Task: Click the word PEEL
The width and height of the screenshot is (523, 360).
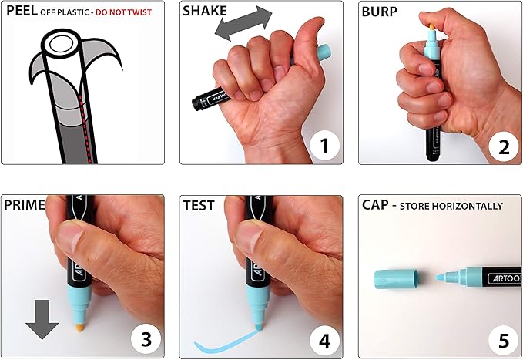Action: point(22,11)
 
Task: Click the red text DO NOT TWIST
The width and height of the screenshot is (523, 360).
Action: point(124,12)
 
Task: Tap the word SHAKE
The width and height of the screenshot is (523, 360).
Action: point(205,11)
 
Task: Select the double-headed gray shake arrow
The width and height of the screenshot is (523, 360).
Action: point(243,23)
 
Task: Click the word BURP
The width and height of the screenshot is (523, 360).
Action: point(380,12)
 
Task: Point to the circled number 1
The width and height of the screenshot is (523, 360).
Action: point(324,146)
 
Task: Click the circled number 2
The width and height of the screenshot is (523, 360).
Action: point(504,147)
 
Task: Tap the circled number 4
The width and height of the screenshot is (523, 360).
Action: point(324,341)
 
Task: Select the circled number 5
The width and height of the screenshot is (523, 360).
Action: point(504,341)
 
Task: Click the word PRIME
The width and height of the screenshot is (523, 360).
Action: point(25,205)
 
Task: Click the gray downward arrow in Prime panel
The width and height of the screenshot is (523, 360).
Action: point(42,320)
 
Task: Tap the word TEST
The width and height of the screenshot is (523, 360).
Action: point(199,205)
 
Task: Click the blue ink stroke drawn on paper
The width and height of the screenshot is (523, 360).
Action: point(226,342)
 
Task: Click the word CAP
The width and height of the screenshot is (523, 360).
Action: point(375,205)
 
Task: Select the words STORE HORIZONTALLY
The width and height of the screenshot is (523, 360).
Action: point(451,206)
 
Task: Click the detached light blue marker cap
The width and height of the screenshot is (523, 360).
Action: point(397,279)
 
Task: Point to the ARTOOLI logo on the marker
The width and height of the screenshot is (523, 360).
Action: point(505,278)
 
